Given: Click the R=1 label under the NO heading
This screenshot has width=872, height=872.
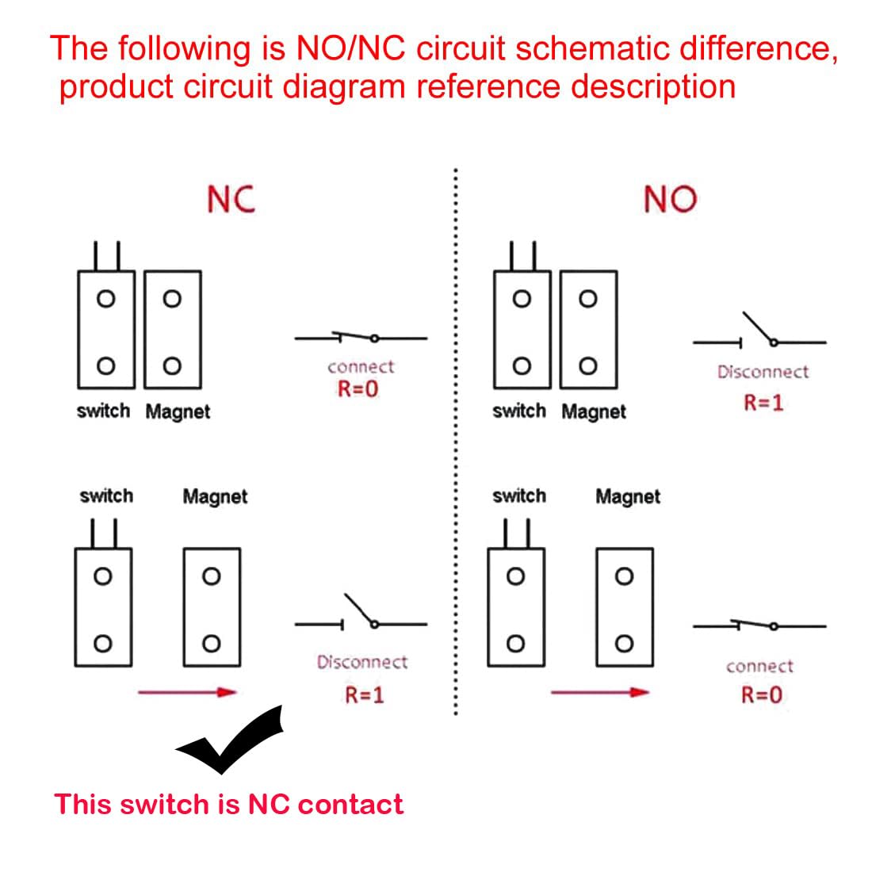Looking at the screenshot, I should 763,403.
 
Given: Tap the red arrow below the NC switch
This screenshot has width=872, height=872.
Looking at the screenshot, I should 187,692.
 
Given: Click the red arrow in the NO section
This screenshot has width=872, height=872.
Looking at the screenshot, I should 599,692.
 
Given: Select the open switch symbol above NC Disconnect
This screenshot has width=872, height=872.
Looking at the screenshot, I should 361,614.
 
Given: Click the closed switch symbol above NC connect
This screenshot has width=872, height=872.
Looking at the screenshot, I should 361,338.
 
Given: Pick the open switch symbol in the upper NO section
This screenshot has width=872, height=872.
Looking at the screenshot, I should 759,333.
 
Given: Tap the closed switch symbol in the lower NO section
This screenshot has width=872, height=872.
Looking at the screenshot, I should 759,625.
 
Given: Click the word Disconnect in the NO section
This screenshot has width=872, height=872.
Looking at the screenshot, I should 763,372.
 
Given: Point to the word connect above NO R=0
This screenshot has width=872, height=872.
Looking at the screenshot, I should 759,667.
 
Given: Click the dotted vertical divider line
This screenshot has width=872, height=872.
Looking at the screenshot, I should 455,444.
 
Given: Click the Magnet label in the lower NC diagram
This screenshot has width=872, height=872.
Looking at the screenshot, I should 215,497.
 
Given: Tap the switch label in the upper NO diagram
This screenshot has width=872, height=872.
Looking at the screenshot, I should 518,411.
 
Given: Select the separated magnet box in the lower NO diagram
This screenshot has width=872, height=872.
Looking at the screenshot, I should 624,607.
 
